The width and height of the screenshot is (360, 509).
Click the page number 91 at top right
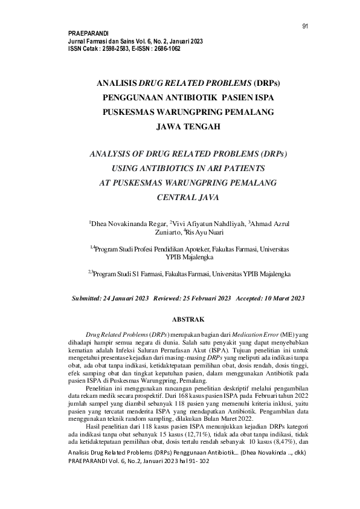pyautogui.click(x=305, y=26)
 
